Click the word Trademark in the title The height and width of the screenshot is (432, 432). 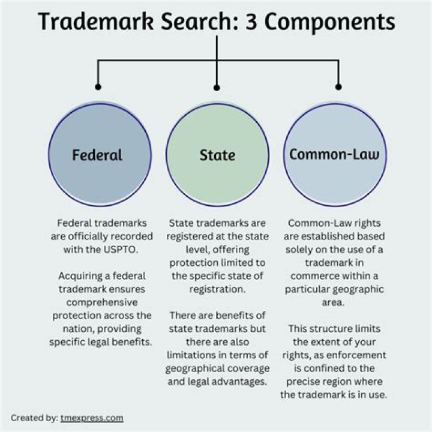96,21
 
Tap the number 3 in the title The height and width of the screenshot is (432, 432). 251,22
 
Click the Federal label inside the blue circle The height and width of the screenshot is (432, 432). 97,155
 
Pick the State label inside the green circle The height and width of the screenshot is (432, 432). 217,155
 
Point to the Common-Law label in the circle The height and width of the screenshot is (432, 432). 334,154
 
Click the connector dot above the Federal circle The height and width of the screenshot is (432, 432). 98,87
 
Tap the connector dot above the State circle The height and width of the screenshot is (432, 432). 217,88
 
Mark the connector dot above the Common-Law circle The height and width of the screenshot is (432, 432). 338,87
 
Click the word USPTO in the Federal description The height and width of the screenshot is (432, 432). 121,250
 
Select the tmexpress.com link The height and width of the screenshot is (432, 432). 92,418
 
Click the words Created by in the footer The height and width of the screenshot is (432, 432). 34,418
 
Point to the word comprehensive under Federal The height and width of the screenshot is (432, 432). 101,303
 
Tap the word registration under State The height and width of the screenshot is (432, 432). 217,290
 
